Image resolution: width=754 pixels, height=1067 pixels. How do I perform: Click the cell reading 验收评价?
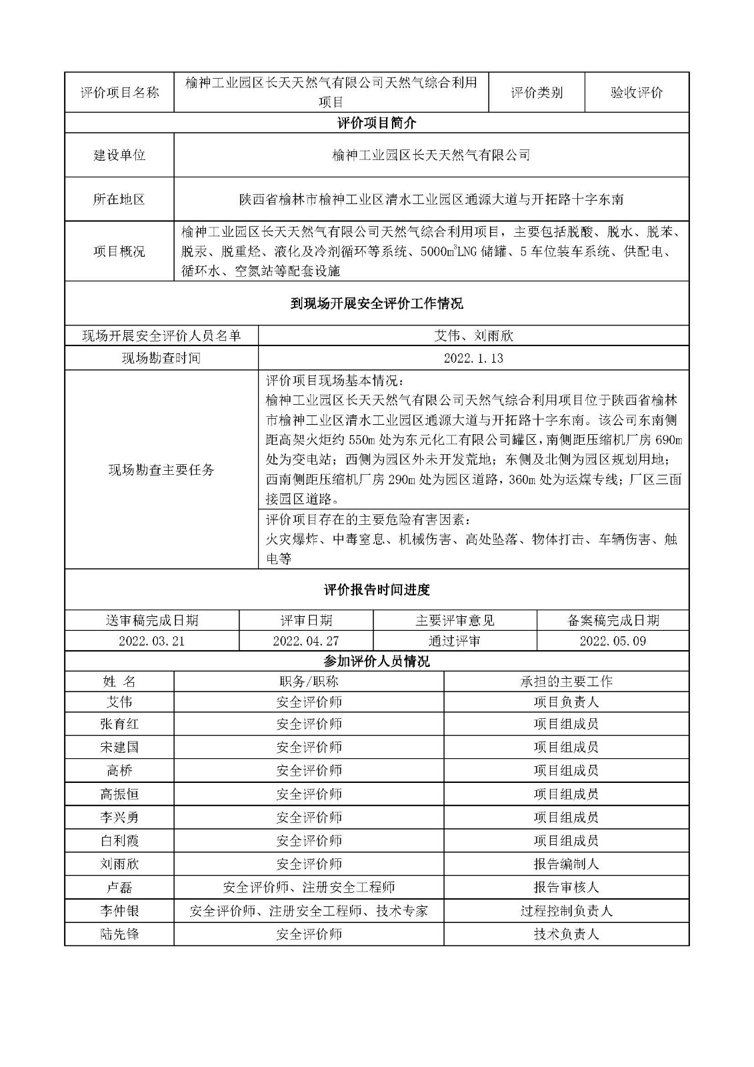pos(636,93)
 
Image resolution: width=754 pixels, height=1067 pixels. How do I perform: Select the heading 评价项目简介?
pos(377,123)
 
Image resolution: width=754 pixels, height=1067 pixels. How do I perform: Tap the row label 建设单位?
pos(119,155)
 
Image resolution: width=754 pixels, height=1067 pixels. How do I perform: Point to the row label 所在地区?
pos(119,199)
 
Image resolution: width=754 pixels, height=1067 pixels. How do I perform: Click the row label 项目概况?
pos(119,251)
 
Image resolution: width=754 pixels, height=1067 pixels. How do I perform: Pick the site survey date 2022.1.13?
pos(473,358)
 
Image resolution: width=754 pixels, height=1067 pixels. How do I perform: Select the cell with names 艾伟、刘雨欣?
pos(473,335)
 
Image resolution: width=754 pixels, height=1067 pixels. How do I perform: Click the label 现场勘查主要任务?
pos(161,470)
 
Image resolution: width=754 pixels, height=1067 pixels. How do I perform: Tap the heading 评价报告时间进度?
pos(377,590)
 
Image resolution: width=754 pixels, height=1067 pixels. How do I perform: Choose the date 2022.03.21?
pos(151,641)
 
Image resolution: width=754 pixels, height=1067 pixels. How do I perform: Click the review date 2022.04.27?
pos(306,641)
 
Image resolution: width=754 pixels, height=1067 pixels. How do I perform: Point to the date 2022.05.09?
pos(613,641)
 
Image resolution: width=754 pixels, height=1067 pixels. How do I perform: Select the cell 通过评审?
pos(455,641)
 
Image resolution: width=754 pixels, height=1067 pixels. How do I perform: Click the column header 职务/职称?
pos(309,681)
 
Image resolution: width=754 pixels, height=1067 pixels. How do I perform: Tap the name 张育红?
pos(119,724)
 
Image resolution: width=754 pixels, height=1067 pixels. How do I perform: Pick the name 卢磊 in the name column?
pos(119,888)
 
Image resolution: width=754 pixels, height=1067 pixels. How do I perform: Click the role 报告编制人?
pos(566,864)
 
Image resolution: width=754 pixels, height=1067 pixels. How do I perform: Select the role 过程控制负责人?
pos(566,911)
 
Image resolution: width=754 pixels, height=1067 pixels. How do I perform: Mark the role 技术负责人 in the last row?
pos(566,934)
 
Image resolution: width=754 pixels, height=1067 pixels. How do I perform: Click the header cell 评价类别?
pos(537,93)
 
